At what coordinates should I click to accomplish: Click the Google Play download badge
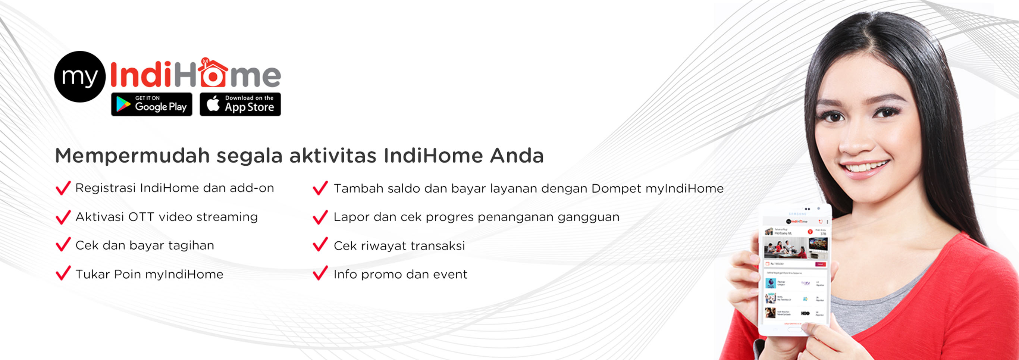[151, 104]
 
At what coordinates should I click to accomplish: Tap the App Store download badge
[240, 104]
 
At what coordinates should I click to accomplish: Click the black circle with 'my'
[80, 77]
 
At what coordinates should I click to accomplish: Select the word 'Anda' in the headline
[517, 156]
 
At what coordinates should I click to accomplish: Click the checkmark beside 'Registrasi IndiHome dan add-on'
[63, 188]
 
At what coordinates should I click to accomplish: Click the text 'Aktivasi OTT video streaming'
[166, 217]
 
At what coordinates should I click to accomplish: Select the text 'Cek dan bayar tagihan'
[145, 245]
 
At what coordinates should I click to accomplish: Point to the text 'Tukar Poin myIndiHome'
[149, 274]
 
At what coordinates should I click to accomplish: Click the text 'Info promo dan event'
[400, 274]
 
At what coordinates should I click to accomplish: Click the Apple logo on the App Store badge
[213, 104]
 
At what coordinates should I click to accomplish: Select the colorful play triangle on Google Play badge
[123, 104]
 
